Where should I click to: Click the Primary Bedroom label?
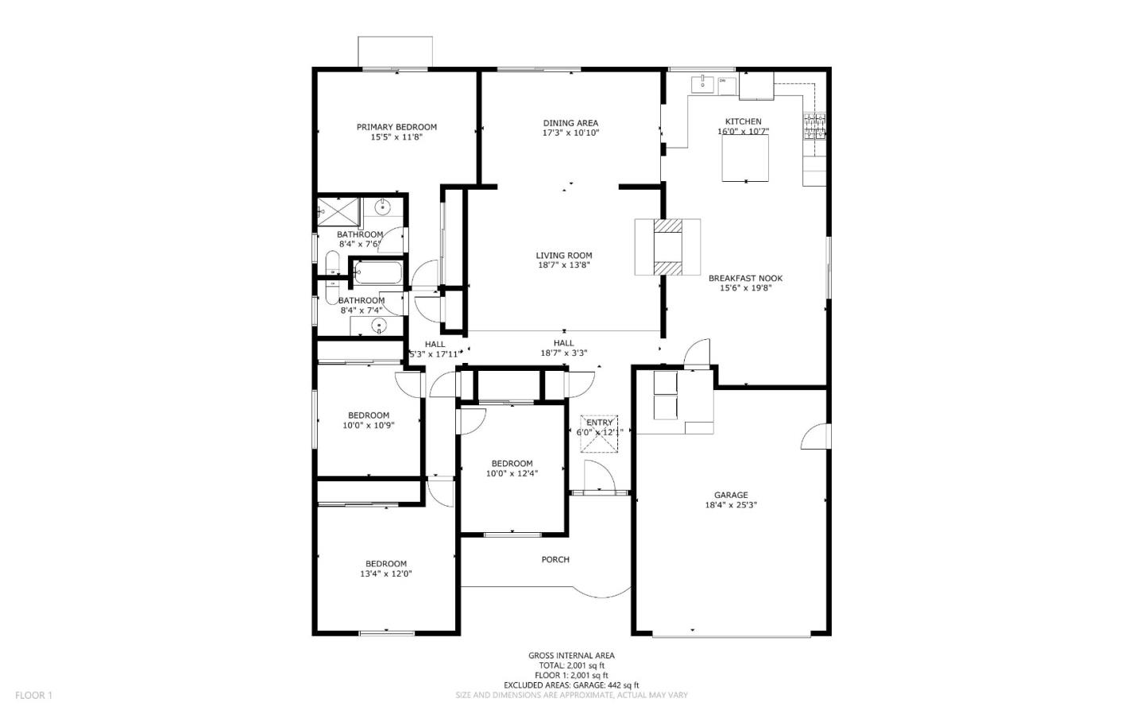point(396,127)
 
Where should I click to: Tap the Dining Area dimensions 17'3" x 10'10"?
point(570,133)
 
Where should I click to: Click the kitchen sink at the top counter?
point(703,83)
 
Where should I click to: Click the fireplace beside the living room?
point(668,247)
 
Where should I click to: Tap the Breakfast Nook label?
point(745,278)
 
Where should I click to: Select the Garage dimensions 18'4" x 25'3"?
point(730,505)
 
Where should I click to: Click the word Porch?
point(555,560)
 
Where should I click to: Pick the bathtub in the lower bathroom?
point(377,273)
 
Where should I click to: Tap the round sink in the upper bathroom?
point(384,208)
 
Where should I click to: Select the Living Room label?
point(563,256)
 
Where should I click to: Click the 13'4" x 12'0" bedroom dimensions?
point(386,574)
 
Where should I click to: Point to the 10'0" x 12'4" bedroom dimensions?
point(512,474)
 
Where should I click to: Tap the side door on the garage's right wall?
point(817,436)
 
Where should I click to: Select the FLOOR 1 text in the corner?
point(33,695)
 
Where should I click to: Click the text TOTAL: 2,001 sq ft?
point(571,666)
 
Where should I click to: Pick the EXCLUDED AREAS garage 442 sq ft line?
point(571,685)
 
